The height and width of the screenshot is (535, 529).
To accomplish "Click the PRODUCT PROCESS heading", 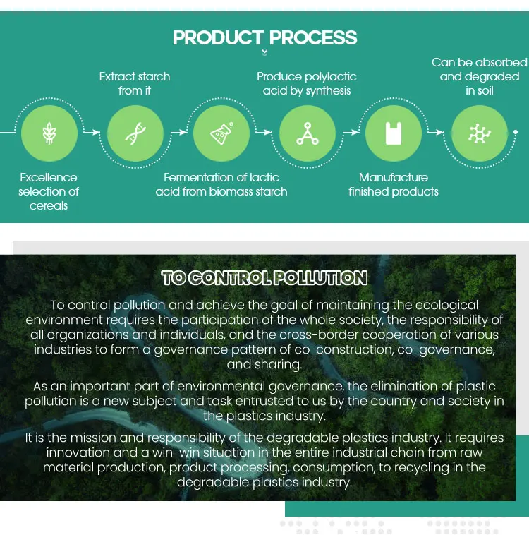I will click(264, 37).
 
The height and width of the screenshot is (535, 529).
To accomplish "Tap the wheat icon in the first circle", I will click(49, 133).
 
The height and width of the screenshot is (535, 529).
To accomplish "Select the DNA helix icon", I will click(135, 133).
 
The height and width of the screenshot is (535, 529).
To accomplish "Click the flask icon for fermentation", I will click(221, 133).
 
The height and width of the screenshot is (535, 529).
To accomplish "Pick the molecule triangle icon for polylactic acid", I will click(307, 133).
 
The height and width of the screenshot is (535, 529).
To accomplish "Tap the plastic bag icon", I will click(393, 133).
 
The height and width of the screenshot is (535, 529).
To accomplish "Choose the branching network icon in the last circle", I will click(479, 133).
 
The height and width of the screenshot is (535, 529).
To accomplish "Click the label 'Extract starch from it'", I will click(135, 83).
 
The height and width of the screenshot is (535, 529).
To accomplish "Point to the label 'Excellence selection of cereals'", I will click(49, 191).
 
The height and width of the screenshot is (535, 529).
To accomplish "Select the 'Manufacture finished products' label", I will click(394, 184).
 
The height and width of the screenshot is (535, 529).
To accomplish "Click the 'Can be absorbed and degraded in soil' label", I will click(480, 76).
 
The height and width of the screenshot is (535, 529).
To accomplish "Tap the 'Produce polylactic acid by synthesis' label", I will click(307, 83).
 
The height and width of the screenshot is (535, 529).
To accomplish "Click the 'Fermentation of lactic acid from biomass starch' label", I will click(221, 184).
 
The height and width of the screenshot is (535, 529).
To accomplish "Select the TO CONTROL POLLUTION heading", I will click(264, 278).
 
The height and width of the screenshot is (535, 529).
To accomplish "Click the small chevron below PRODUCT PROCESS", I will click(264, 52).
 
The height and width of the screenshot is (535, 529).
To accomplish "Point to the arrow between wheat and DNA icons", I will click(92, 132).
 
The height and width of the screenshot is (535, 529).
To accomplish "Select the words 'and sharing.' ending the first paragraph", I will click(264, 365).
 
